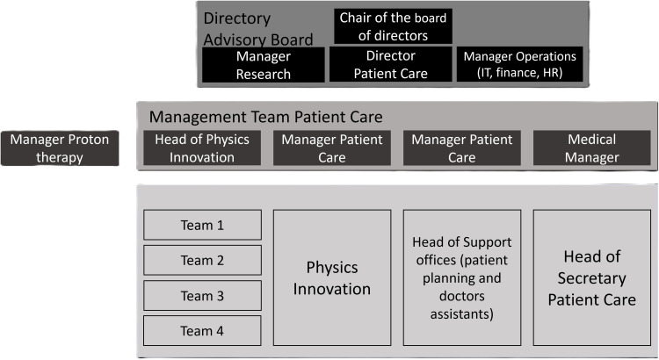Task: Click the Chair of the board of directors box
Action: click(394, 26)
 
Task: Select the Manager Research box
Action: click(264, 65)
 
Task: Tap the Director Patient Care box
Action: click(391, 65)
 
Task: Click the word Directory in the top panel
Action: click(236, 18)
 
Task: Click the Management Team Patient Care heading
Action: click(266, 117)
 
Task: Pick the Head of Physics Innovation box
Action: click(202, 148)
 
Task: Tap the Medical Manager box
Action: click(592, 148)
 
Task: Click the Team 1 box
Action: click(203, 225)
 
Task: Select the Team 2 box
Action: click(203, 260)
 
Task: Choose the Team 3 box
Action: click(203, 295)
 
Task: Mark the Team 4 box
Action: click(203, 331)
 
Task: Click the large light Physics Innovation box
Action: click(332, 277)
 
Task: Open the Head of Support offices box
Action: click(461, 277)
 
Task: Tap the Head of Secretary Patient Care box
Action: click(591, 277)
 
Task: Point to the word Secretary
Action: click(591, 278)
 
